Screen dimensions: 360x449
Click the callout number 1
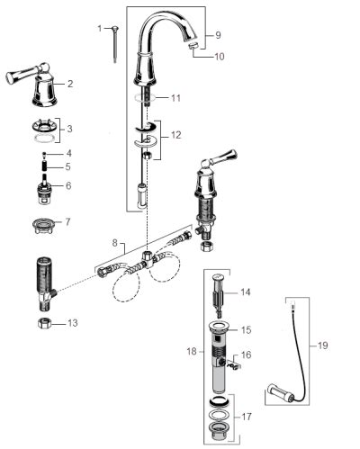(x=100, y=29)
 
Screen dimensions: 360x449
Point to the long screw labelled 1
(x=115, y=44)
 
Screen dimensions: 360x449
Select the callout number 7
(x=67, y=222)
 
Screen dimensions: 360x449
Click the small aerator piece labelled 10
(x=193, y=46)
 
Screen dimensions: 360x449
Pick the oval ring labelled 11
(x=145, y=97)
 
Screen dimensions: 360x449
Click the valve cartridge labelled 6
(x=45, y=189)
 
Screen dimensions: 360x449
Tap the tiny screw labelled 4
(x=44, y=154)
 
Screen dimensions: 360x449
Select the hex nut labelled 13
(x=44, y=324)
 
